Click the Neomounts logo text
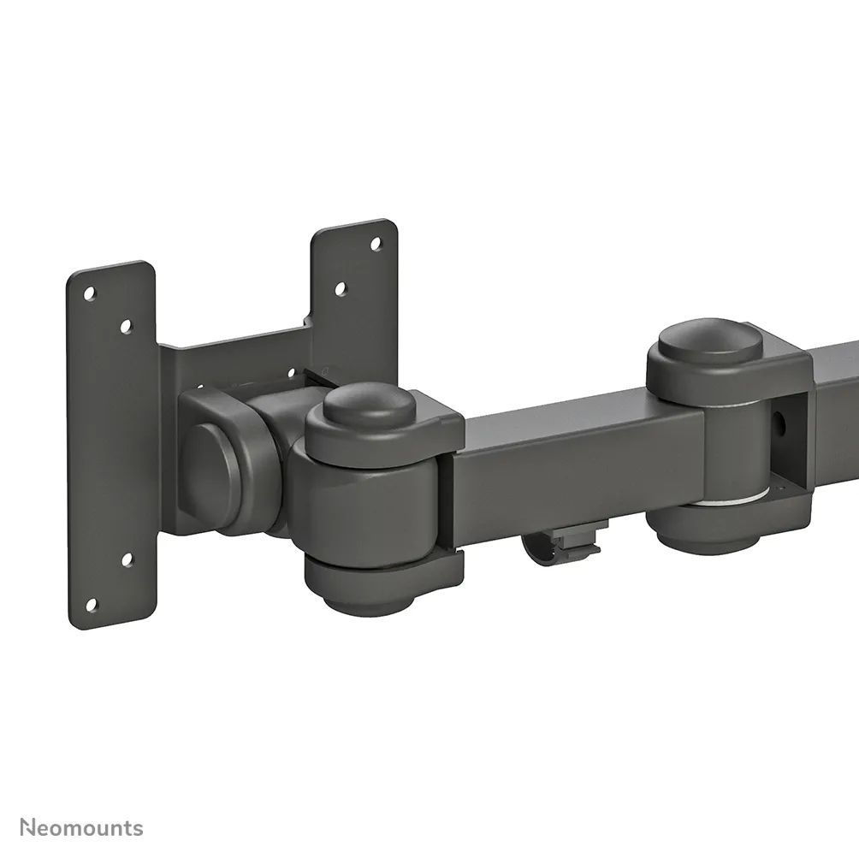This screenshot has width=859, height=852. click(82, 827)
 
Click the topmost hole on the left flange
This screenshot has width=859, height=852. click(88, 293)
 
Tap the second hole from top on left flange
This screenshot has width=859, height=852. click(126, 326)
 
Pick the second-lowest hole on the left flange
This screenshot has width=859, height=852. click(127, 560)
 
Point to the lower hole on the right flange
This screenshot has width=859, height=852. click(340, 289)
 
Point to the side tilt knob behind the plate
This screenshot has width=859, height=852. click(214, 462)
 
